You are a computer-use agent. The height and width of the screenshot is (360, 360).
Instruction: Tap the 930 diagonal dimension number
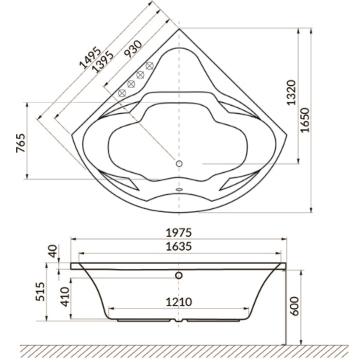tap(133, 49)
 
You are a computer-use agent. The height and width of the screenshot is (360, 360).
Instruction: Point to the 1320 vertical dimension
tap(292, 92)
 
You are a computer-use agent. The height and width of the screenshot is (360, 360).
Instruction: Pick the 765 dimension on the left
tap(21, 143)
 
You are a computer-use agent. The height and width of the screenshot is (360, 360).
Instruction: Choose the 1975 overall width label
tap(179, 233)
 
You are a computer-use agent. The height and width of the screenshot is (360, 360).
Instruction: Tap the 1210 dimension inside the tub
tap(179, 302)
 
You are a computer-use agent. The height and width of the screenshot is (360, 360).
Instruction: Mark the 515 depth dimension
tap(40, 292)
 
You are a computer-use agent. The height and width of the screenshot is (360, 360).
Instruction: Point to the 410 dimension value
tap(65, 297)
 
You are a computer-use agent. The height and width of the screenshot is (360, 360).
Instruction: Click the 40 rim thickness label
tap(53, 251)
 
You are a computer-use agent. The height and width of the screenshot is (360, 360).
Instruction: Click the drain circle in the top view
tap(179, 164)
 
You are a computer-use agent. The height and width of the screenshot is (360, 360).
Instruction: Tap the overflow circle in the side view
tap(179, 275)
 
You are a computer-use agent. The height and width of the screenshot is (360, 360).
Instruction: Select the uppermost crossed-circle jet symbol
tap(149, 66)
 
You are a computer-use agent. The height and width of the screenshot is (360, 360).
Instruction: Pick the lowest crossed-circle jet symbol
tap(122, 93)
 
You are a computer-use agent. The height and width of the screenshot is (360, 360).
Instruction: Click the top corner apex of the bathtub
tap(179, 29)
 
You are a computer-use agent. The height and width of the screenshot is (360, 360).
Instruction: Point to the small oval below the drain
tap(179, 190)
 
